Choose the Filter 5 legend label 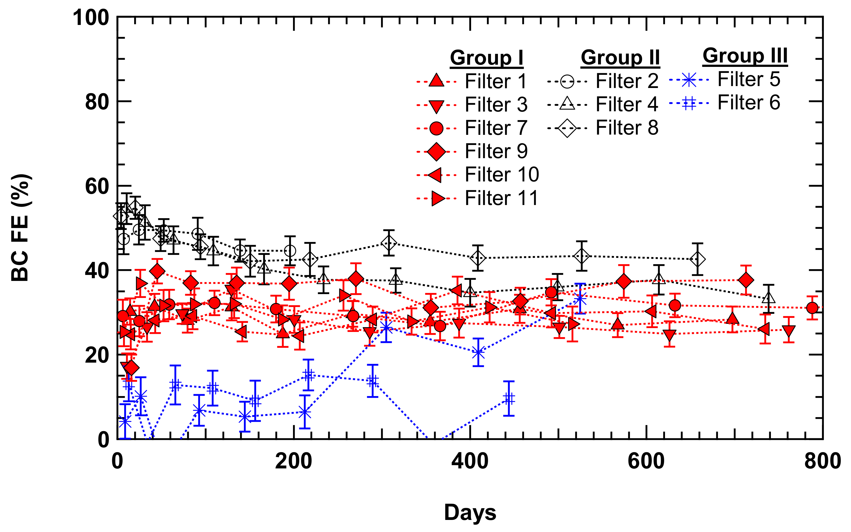tap(749, 79)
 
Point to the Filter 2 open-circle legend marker tap(567, 82)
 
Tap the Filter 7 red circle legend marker tap(436, 129)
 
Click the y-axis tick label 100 tap(91, 18)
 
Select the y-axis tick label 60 tap(97, 186)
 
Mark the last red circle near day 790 tap(812, 308)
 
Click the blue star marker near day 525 tap(580, 299)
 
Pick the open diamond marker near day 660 tap(697, 259)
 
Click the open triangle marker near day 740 tap(769, 298)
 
